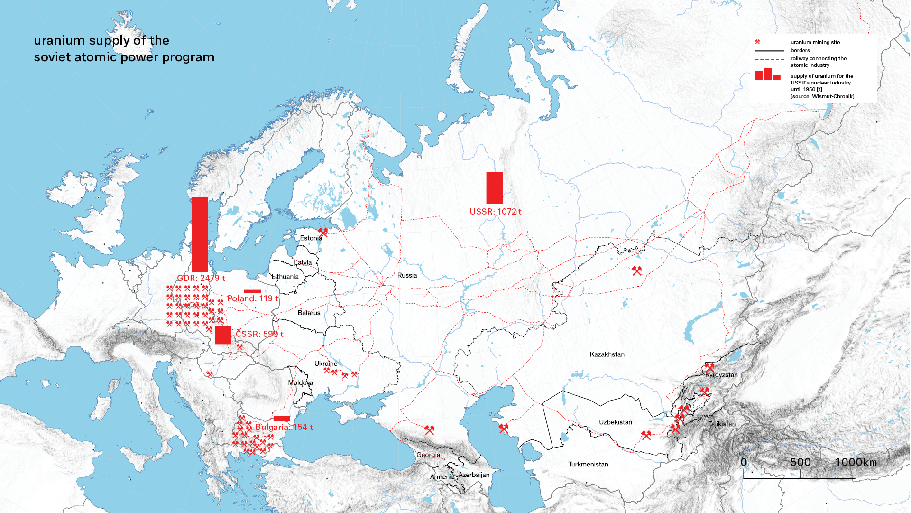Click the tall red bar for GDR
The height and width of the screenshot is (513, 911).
pyautogui.click(x=200, y=234)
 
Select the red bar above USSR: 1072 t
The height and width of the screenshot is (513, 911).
pyautogui.click(x=494, y=188)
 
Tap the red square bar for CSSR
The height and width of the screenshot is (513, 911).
pyautogui.click(x=223, y=335)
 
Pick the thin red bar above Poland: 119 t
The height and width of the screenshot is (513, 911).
pyautogui.click(x=252, y=291)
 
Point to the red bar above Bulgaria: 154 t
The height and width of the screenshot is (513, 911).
pyautogui.click(x=282, y=419)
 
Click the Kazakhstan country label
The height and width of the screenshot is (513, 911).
pyautogui.click(x=607, y=354)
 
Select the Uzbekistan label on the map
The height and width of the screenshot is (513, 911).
pyautogui.click(x=615, y=422)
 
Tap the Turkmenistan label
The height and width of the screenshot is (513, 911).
pyautogui.click(x=588, y=465)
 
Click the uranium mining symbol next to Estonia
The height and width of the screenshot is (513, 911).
pyautogui.click(x=323, y=232)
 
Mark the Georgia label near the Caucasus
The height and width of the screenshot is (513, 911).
pyautogui.click(x=428, y=455)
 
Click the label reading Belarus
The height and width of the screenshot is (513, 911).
pyautogui.click(x=309, y=313)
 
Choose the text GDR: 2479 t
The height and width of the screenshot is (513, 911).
pyautogui.click(x=201, y=278)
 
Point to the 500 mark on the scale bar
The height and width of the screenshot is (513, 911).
pyautogui.click(x=800, y=462)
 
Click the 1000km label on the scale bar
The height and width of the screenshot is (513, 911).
pyautogui.click(x=856, y=462)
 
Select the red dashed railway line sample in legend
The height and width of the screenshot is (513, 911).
pyautogui.click(x=769, y=60)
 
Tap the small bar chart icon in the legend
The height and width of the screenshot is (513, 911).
pyautogui.click(x=767, y=75)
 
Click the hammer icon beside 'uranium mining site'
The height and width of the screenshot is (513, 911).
pyautogui.click(x=757, y=42)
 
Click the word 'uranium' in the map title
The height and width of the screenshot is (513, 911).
pyautogui.click(x=59, y=41)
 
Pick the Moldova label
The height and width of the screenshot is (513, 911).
pyautogui.click(x=300, y=383)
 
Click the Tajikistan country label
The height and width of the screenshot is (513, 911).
pyautogui.click(x=722, y=424)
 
